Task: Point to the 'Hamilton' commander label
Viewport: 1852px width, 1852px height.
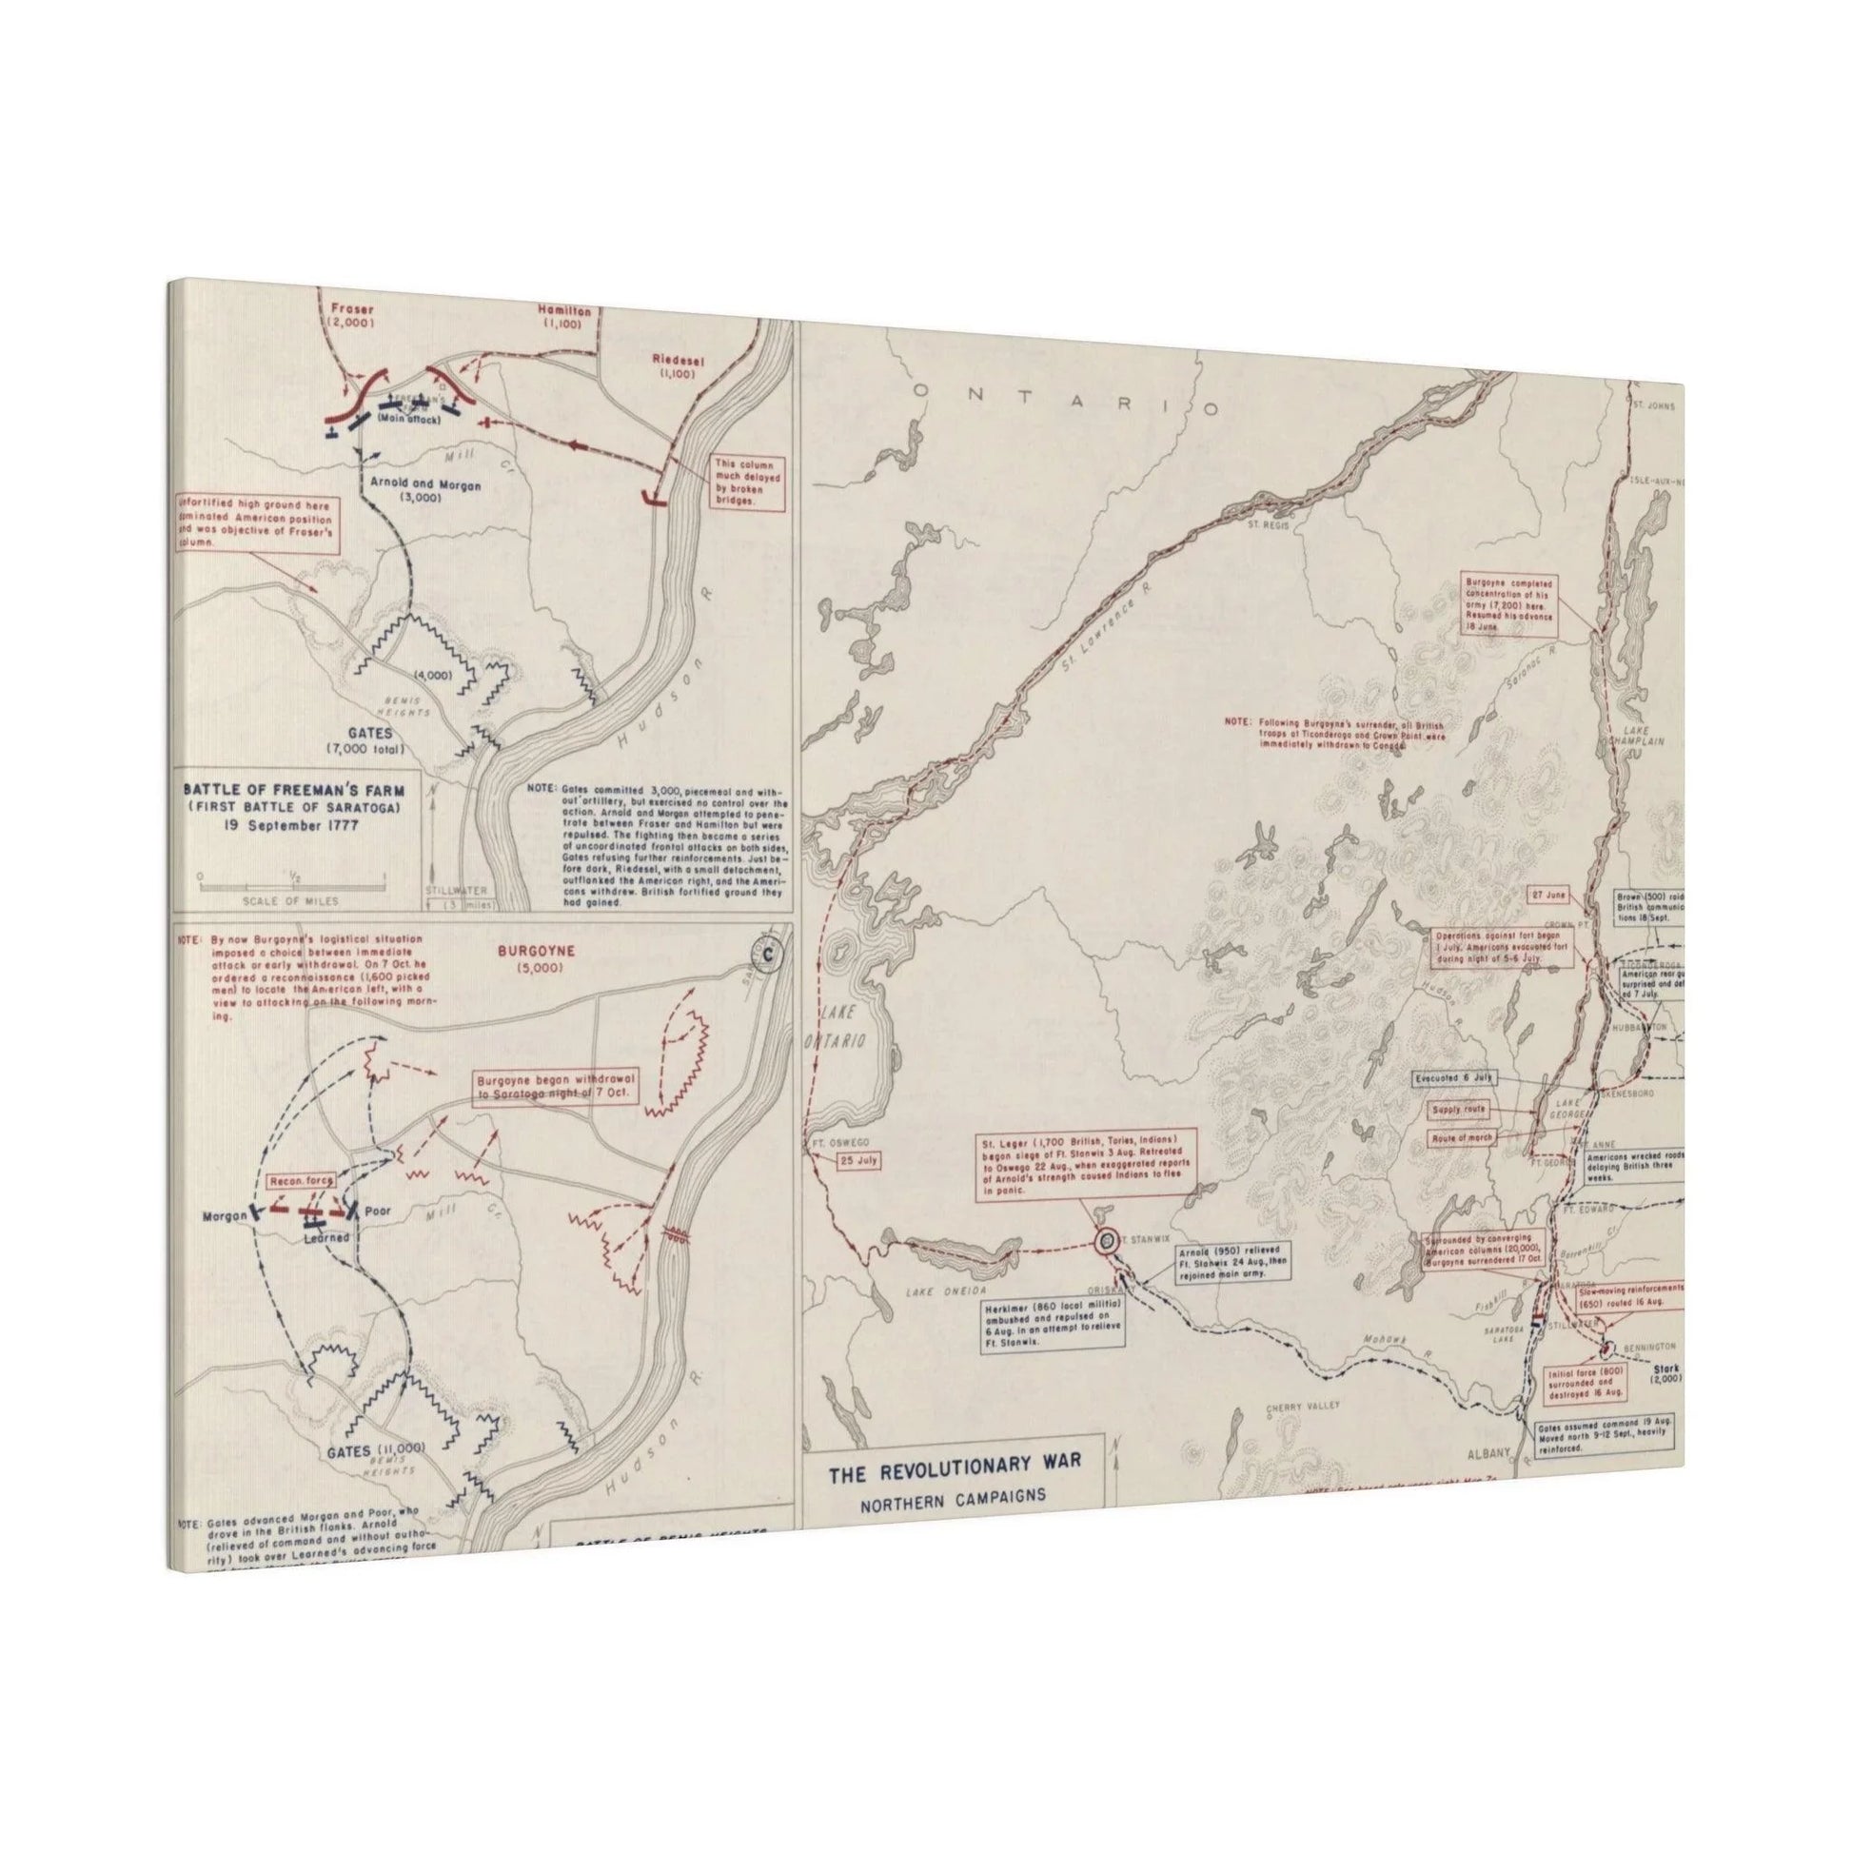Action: (x=563, y=311)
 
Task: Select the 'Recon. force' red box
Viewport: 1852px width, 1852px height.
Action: (x=298, y=1182)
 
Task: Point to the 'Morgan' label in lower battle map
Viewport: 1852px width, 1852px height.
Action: (x=225, y=1216)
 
